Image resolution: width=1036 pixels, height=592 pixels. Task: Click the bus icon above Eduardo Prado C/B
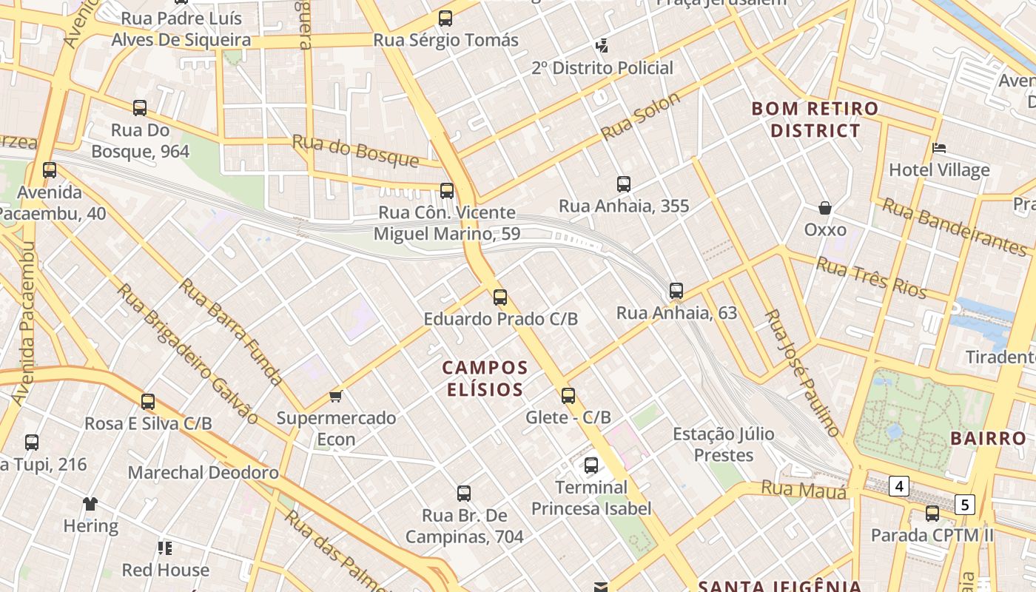500,297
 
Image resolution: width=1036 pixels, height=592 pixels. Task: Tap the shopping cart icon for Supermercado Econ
336,396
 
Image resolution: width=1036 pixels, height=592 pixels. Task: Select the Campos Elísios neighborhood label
485,378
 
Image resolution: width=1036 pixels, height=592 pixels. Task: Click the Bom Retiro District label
815,119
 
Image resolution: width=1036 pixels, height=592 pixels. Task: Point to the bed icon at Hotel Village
939,148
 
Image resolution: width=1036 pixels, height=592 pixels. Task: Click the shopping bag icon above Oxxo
824,209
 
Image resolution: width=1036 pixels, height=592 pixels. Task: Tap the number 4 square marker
899,486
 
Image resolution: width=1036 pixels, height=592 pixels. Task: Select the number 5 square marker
965,505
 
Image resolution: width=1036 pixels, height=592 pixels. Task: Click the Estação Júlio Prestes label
723,444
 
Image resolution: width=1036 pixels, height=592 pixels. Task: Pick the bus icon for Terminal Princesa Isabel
591,465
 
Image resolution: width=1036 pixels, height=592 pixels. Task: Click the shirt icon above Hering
90,505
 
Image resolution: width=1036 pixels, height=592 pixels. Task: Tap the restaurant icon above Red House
165,548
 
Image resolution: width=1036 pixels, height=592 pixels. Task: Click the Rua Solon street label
640,117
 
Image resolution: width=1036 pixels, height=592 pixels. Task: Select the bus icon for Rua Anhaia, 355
624,184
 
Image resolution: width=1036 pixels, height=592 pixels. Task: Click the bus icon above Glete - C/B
568,396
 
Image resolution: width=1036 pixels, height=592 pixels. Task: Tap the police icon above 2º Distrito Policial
602,46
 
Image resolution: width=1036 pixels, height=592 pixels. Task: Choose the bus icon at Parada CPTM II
932,513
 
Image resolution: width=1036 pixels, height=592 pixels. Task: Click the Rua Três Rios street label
871,277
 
